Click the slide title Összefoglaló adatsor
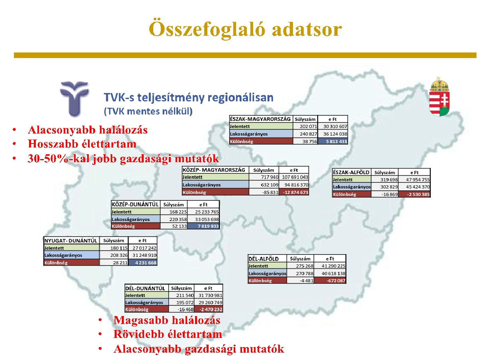(x=245, y=29)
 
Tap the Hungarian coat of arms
(x=439, y=97)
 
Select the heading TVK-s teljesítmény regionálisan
(x=189, y=97)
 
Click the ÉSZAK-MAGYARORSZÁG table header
(x=261, y=119)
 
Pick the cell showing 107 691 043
(x=294, y=177)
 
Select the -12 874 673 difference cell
(x=294, y=192)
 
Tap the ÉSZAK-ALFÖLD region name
(x=351, y=172)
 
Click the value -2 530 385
(x=414, y=194)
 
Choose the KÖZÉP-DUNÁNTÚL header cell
(x=135, y=204)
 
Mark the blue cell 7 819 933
(x=203, y=226)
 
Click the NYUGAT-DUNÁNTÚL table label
(x=71, y=241)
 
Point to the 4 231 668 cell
(x=143, y=262)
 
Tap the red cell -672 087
(x=330, y=280)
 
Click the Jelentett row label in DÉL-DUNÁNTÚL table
(x=135, y=295)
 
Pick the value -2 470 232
(x=209, y=309)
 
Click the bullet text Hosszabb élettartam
(x=82, y=144)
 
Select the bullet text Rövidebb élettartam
(x=168, y=334)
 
